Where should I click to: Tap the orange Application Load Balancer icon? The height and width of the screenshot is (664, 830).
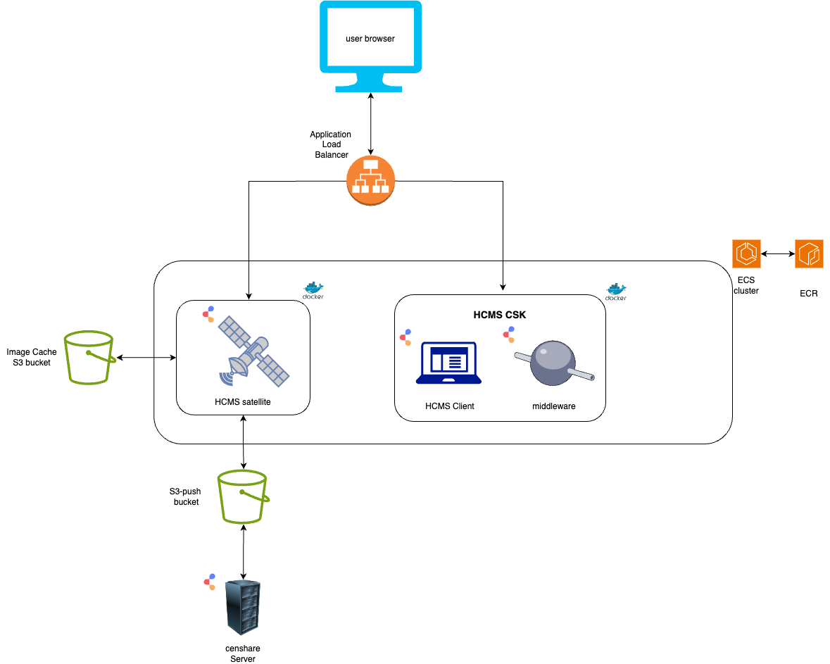[x=371, y=180]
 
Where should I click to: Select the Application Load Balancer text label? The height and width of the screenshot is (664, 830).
[x=330, y=144]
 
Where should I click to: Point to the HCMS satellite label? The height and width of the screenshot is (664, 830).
[x=243, y=402]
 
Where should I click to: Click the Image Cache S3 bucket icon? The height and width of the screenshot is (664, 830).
[x=89, y=357]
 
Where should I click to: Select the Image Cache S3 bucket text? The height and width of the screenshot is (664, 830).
[x=32, y=357]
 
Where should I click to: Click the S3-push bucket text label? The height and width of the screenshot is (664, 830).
[x=187, y=496]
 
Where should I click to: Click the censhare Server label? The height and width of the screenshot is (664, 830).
[x=243, y=653]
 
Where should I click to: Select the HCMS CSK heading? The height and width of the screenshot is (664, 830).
[x=499, y=315]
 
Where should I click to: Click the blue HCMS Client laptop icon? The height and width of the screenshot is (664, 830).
[x=448, y=363]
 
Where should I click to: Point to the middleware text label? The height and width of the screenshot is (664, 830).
[x=553, y=406]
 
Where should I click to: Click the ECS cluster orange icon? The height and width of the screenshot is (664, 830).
[x=746, y=253]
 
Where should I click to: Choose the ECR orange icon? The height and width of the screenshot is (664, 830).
[x=809, y=253]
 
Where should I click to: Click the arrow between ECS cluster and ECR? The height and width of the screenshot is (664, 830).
[x=778, y=253]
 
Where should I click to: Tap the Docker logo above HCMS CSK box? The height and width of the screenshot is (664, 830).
[x=616, y=290]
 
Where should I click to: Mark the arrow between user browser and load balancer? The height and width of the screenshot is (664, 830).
[x=371, y=123]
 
